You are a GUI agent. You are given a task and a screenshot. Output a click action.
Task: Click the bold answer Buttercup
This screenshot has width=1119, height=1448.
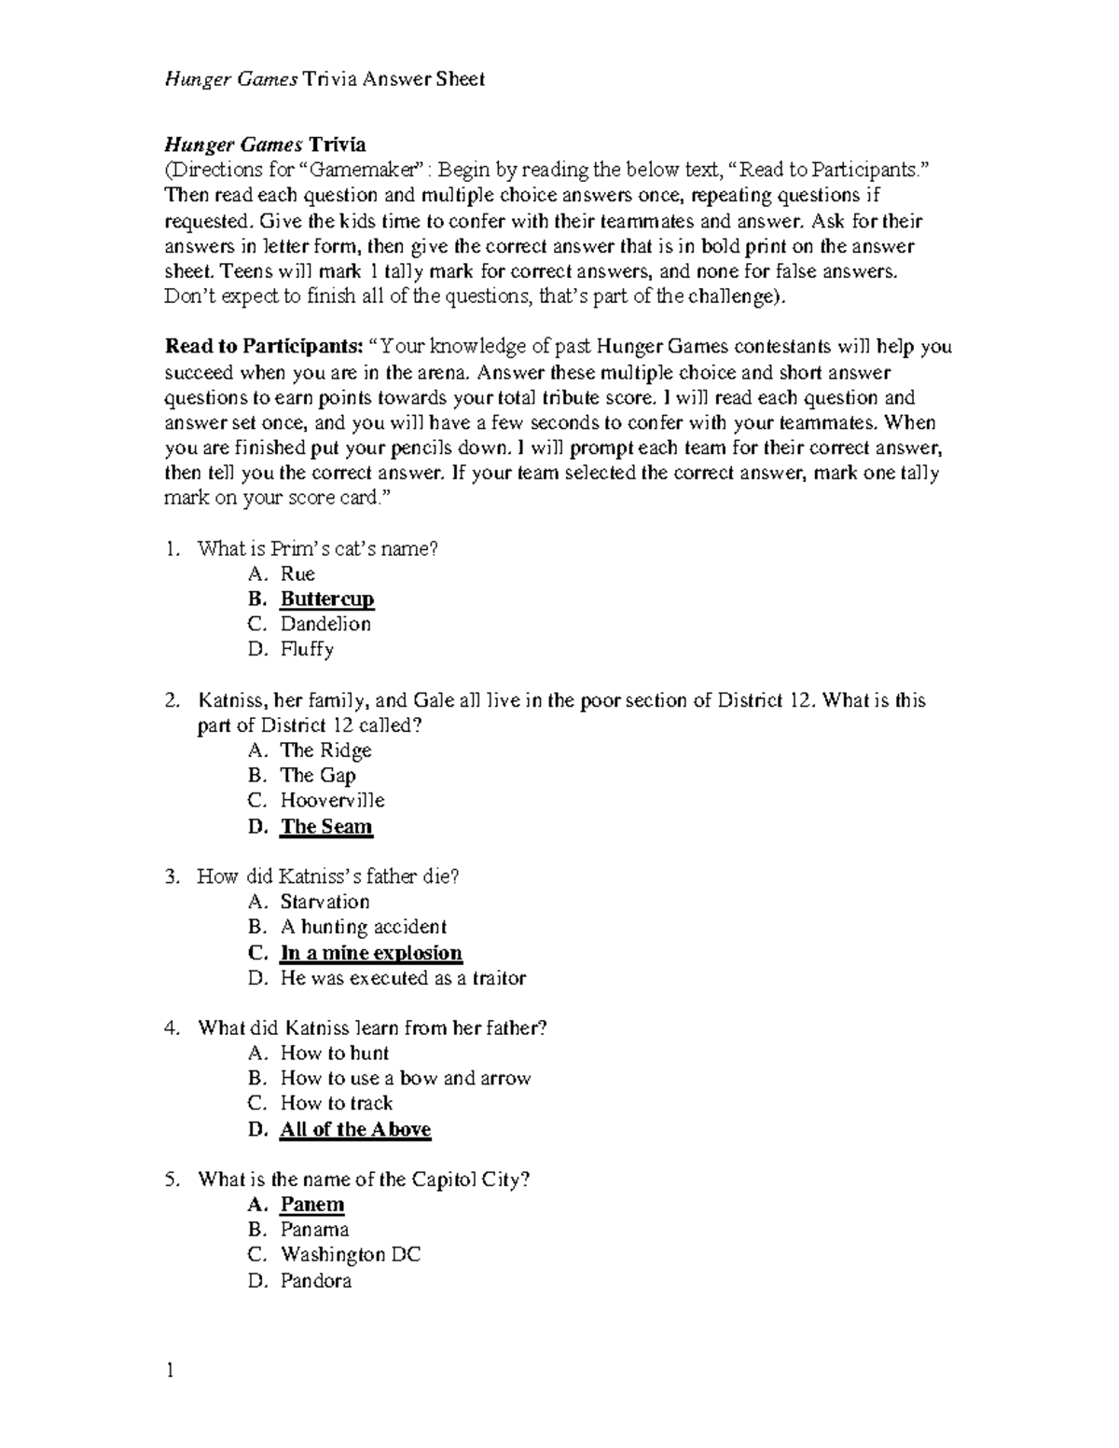click(x=327, y=599)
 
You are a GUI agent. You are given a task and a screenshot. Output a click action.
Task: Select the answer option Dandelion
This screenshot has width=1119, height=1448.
click(x=325, y=624)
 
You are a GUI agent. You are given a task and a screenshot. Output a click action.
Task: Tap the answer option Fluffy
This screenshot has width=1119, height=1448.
click(x=307, y=649)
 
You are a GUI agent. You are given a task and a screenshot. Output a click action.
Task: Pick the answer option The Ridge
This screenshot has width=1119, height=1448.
click(x=325, y=750)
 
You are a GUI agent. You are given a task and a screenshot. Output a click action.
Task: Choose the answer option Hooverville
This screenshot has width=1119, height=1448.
click(x=332, y=800)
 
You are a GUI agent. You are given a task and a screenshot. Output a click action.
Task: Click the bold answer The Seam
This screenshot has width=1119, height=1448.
click(x=326, y=826)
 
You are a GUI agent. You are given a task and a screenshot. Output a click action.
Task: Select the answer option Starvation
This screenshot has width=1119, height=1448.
click(x=325, y=902)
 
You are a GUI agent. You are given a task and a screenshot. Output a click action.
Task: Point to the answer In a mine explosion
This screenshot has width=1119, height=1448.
click(x=371, y=953)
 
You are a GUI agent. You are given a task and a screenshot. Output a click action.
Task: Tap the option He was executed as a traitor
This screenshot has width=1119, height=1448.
click(x=403, y=978)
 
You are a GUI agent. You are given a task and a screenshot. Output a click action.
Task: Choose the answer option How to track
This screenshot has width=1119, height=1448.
click(x=337, y=1103)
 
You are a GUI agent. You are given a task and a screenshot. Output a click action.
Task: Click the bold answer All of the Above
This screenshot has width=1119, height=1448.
click(x=355, y=1129)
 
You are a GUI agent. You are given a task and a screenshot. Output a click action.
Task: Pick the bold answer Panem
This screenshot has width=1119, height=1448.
click(x=312, y=1205)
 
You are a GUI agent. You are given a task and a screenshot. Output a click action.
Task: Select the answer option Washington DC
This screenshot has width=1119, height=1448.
click(x=351, y=1255)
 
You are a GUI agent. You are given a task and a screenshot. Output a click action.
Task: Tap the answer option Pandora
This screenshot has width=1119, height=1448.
click(x=316, y=1281)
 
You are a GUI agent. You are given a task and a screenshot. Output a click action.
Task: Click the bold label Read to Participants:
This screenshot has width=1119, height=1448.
click(x=264, y=347)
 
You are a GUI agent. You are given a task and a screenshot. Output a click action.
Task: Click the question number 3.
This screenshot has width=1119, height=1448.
click(x=171, y=876)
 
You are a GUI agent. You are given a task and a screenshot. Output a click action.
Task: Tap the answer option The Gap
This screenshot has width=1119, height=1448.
click(x=318, y=775)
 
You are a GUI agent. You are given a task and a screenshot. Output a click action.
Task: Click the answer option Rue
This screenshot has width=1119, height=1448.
click(x=297, y=573)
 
